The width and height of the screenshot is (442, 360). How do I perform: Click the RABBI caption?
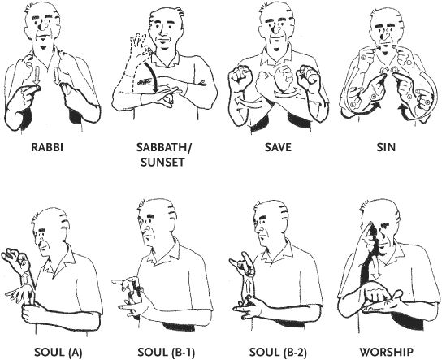pyautogui.click(x=47, y=147)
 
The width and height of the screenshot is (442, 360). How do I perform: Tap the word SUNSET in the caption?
pyautogui.click(x=162, y=162)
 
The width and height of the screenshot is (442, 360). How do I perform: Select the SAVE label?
pyautogui.click(x=278, y=147)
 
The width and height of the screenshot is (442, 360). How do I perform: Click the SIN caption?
pyautogui.click(x=386, y=147)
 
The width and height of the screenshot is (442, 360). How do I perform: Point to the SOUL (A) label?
pyautogui.click(x=58, y=352)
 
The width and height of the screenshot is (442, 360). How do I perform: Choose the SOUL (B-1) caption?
pyautogui.click(x=166, y=352)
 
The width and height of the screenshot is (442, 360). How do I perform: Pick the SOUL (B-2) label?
pyautogui.click(x=278, y=352)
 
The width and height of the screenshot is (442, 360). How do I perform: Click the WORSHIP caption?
pyautogui.click(x=387, y=352)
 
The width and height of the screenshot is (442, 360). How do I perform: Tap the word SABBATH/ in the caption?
pyautogui.click(x=163, y=147)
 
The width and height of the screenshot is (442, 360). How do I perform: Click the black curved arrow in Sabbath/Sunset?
pyautogui.click(x=152, y=76)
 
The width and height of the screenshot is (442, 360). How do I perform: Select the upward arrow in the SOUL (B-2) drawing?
pyautogui.click(x=248, y=287)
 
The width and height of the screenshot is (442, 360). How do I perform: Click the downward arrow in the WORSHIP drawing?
pyautogui.click(x=375, y=270)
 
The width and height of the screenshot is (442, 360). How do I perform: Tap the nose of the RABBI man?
pyautogui.click(x=43, y=26)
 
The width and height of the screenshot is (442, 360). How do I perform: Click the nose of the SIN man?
pyautogui.click(x=383, y=35)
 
